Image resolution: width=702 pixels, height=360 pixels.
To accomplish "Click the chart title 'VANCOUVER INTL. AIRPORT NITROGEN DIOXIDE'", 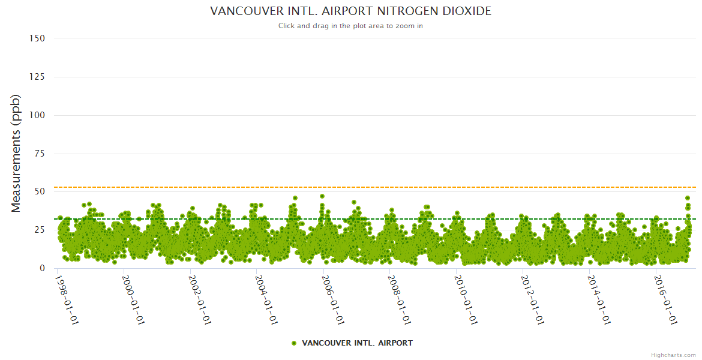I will click(350, 11).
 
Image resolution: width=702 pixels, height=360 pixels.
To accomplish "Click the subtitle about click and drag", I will click(350, 26).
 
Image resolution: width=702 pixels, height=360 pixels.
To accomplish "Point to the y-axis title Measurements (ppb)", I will click(16, 153).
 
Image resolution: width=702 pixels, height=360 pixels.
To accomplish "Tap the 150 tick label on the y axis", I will click(37, 38).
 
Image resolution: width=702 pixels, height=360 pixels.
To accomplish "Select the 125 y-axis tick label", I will click(37, 77).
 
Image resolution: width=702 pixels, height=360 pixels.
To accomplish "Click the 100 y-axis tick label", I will click(37, 115).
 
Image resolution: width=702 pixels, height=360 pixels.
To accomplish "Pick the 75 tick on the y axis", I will click(39, 154).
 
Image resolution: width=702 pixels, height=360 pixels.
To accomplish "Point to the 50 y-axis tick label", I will click(39, 192).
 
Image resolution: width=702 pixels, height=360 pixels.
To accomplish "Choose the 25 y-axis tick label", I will click(39, 230).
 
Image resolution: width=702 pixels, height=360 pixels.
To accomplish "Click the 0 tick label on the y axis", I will click(42, 268).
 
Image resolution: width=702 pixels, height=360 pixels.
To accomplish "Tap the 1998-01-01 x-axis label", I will click(67, 300).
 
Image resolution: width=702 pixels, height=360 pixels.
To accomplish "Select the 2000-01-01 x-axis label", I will click(133, 300).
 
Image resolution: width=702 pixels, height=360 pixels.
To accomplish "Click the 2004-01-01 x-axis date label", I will click(265, 300).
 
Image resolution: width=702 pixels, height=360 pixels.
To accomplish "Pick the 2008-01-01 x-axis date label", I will click(398, 300).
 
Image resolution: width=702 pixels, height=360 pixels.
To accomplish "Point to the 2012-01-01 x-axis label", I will click(531, 300).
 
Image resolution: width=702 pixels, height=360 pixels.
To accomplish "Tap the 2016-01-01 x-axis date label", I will click(664, 300).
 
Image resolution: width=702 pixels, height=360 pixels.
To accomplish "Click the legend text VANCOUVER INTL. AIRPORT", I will click(357, 343).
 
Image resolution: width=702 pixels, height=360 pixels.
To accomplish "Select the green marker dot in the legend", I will click(294, 343).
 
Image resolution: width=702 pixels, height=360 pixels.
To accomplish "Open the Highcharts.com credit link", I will click(673, 355).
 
